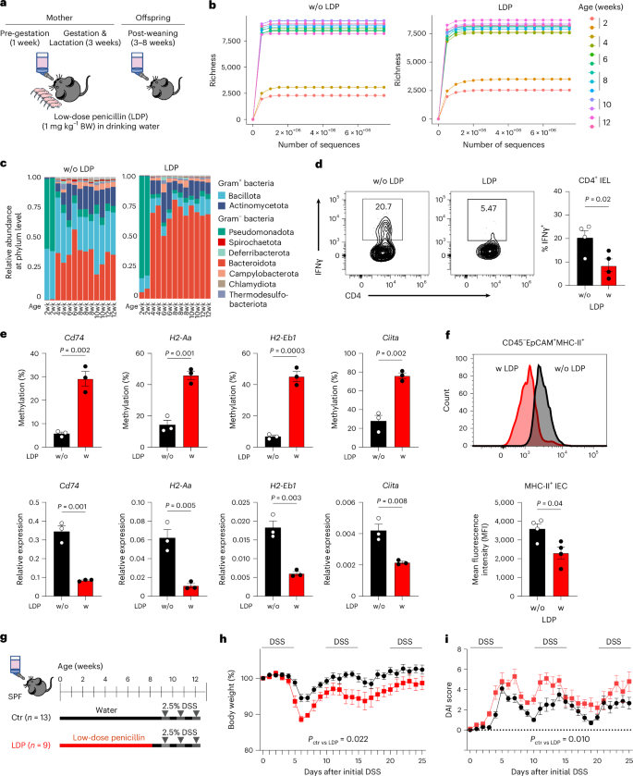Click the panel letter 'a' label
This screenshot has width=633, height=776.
(x=6, y=6)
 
